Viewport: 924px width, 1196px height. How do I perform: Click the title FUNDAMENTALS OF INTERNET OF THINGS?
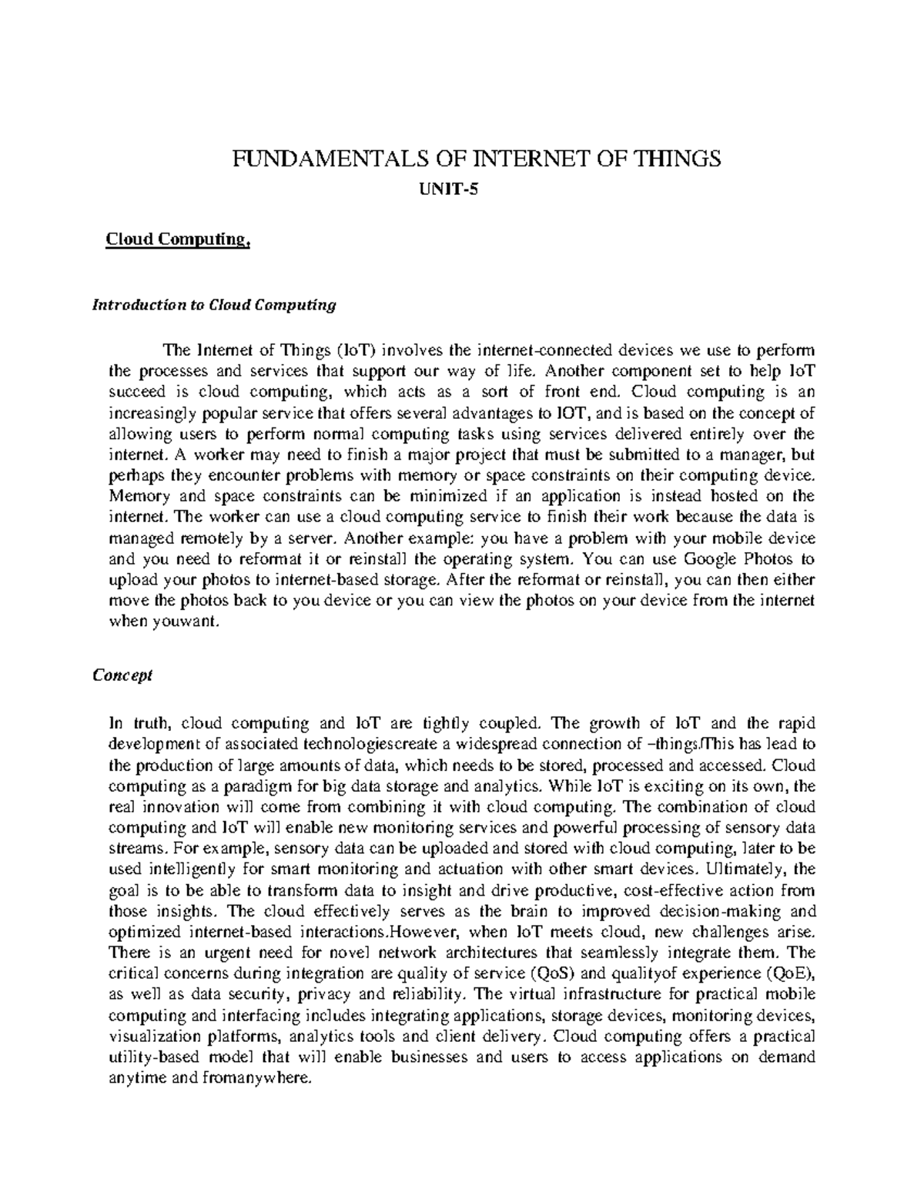478,159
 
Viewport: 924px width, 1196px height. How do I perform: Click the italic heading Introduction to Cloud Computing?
214,305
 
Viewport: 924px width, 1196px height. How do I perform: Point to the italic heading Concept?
122,675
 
